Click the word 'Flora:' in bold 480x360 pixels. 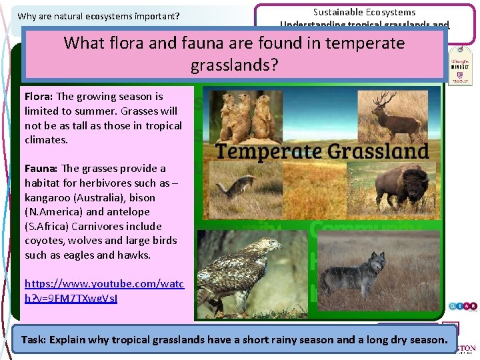(x=39, y=97)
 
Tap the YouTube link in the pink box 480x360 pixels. (x=103, y=290)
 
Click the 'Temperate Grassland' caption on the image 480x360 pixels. (x=322, y=151)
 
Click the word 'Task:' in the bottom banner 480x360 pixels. (x=33, y=339)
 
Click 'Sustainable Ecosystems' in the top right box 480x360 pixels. (x=364, y=12)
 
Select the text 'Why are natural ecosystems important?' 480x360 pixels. (x=99, y=16)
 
